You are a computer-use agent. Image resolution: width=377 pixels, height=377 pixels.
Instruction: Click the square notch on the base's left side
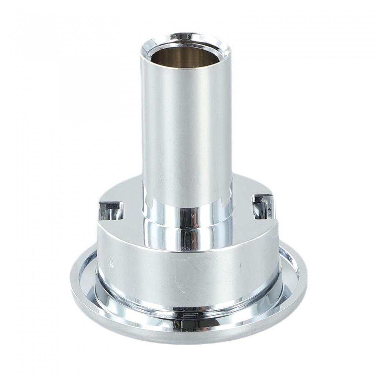coord(110,211)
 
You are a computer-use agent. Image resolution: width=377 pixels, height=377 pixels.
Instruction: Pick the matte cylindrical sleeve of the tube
coord(186,129)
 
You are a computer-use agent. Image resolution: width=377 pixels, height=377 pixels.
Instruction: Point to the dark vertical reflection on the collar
coord(191,228)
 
